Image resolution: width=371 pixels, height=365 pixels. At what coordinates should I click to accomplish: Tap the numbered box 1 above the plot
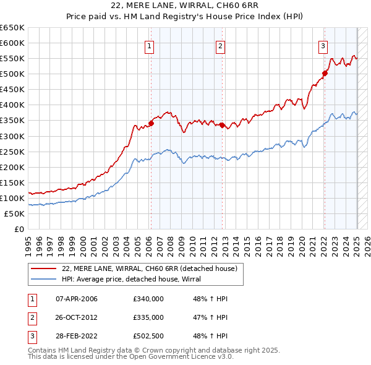150,45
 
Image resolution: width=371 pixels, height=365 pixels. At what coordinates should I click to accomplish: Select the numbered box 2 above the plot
221,45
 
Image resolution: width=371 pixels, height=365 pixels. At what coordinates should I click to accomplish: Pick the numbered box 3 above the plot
323,45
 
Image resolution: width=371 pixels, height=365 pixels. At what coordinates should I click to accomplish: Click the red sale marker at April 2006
151,122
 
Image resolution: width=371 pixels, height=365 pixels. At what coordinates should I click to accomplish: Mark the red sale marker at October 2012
221,124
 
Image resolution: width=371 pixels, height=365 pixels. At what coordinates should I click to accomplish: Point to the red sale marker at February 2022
325,72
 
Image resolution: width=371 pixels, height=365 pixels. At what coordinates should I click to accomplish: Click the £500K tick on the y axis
13,74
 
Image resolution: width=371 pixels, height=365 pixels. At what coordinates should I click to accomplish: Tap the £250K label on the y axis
13,152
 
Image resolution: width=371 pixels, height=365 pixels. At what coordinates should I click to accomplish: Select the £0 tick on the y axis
19,229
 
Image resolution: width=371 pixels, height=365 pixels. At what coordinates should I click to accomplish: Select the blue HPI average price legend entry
136,279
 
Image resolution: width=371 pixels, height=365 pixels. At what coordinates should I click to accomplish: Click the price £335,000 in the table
148,318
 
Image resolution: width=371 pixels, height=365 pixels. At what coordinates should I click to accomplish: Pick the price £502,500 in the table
148,337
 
